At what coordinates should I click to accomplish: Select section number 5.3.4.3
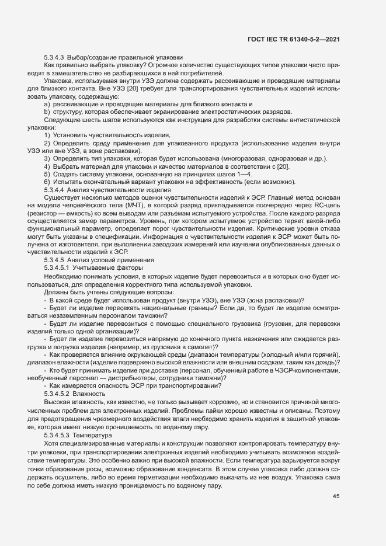(x=54, y=57)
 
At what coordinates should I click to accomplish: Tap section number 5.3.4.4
(x=54, y=190)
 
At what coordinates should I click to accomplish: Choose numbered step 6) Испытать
(x=46, y=183)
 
